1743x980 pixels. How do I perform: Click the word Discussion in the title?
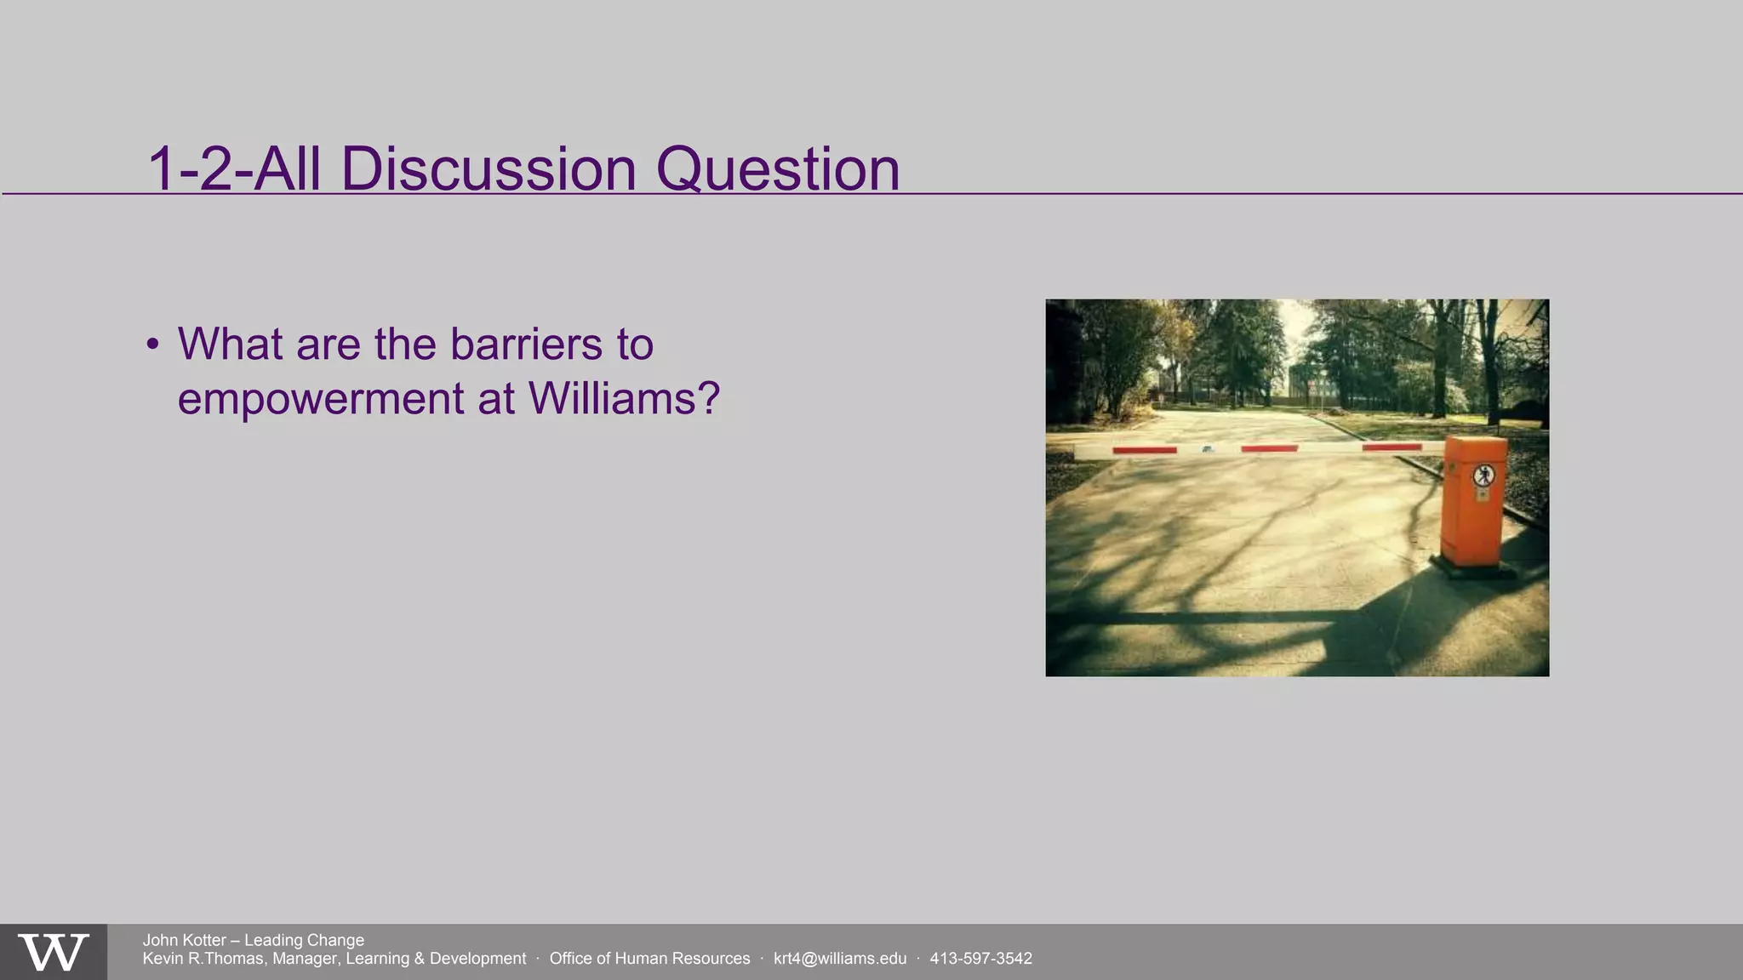tap(489, 169)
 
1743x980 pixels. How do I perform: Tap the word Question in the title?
tap(777, 169)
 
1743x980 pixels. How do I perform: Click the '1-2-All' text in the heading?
tap(235, 169)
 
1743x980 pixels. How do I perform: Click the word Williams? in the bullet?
tap(624, 398)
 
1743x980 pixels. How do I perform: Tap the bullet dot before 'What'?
tap(152, 345)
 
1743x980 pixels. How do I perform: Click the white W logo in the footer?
tap(54, 953)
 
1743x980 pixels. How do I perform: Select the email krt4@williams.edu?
tap(839, 959)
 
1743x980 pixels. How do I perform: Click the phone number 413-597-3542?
tap(980, 959)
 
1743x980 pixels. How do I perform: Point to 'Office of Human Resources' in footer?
tap(649, 959)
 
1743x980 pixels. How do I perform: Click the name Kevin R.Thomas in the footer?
tap(203, 959)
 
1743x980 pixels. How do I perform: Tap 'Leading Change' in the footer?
tap(304, 940)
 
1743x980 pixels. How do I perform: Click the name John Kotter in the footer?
tap(184, 940)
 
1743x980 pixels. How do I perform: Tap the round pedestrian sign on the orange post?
tap(1483, 475)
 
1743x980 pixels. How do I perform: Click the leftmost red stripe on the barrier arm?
tap(1144, 450)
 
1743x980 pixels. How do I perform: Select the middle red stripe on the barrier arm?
tap(1269, 448)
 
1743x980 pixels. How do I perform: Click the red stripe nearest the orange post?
tap(1392, 447)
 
